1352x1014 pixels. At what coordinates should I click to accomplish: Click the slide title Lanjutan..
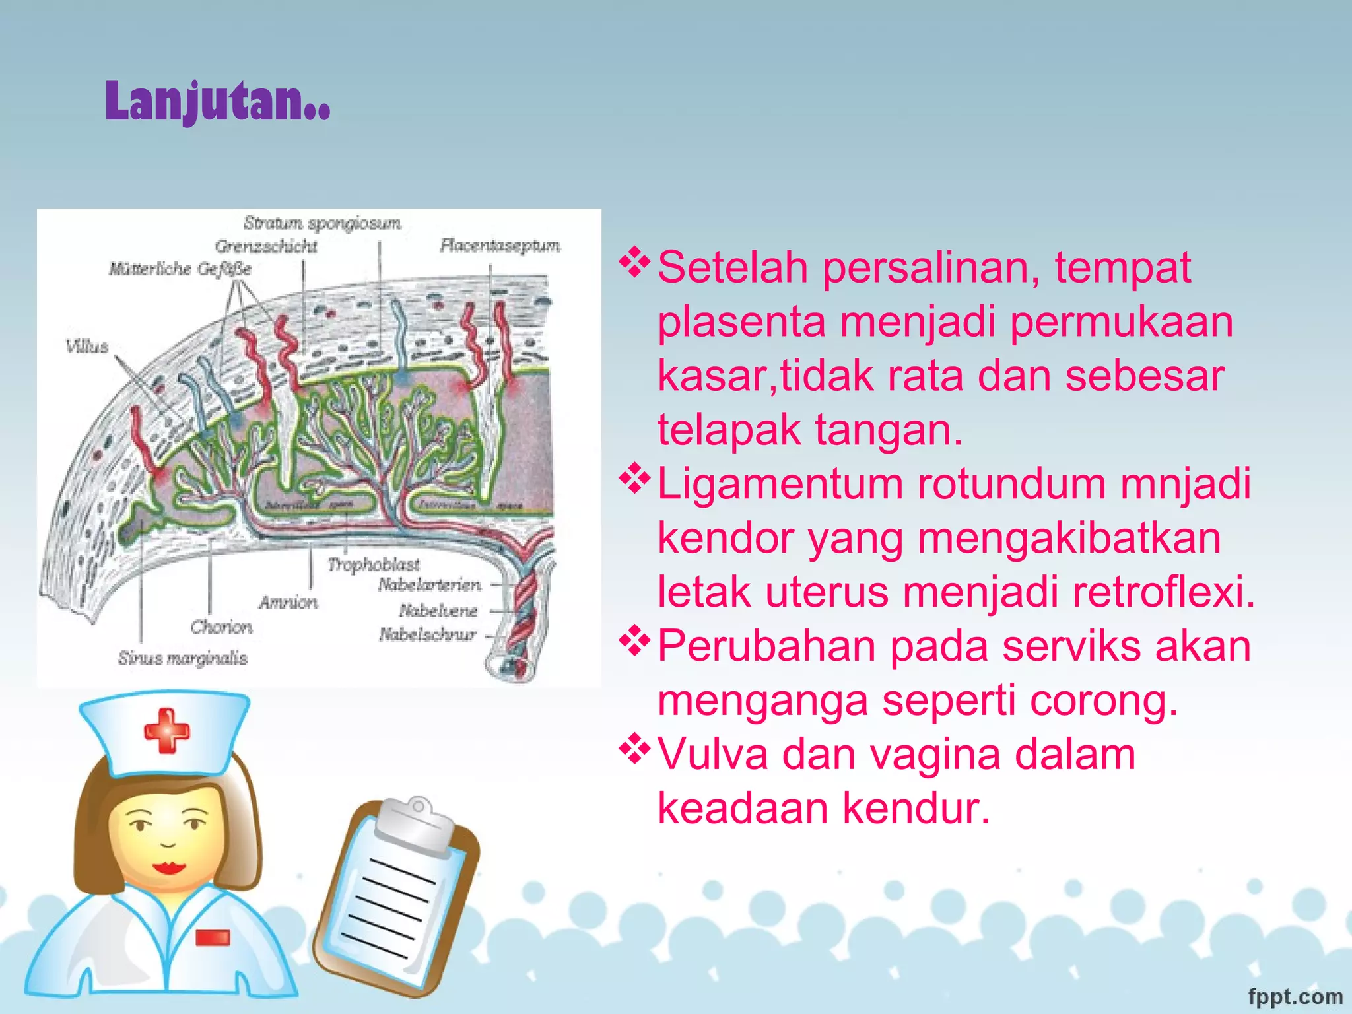(x=217, y=102)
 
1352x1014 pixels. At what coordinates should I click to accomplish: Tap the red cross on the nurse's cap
(x=166, y=730)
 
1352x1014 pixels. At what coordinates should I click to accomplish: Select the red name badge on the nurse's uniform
(x=213, y=937)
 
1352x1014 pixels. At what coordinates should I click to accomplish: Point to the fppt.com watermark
(x=1295, y=996)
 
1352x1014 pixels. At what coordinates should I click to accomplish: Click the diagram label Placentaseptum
(x=500, y=246)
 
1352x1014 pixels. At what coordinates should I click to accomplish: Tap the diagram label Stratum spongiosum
(x=322, y=223)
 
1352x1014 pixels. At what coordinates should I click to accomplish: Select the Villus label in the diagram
(x=86, y=346)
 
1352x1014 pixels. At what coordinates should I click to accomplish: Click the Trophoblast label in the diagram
(x=374, y=564)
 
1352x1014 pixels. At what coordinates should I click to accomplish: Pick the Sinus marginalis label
(x=183, y=658)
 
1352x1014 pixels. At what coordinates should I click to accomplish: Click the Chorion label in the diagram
(x=221, y=626)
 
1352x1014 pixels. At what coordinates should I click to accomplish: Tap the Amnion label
(x=288, y=602)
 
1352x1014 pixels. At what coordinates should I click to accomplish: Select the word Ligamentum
(x=780, y=484)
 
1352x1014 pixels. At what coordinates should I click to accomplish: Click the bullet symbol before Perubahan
(x=634, y=640)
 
